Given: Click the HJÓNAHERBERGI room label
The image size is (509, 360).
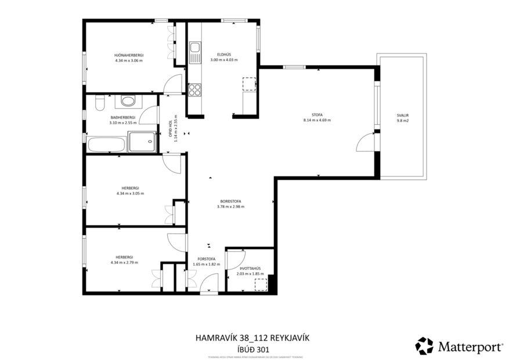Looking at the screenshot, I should click(129, 55).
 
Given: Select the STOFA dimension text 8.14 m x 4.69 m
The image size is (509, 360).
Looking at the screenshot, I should click(316, 120).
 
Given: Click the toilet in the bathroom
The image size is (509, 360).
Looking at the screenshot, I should click(99, 103).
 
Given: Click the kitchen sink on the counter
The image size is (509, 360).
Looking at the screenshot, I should click(194, 47).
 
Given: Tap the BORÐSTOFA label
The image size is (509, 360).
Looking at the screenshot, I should click(230, 201).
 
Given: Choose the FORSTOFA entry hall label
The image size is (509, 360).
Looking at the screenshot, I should click(207, 259).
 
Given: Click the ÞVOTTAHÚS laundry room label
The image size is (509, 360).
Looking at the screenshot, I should click(250, 268).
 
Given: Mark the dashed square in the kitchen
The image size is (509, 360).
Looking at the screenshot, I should click(248, 84).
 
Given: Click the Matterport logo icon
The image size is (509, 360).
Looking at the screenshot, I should click(424, 345).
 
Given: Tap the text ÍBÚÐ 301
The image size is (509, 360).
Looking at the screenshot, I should click(254, 350).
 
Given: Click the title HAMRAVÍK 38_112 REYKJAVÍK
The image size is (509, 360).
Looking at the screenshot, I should click(254, 338).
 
